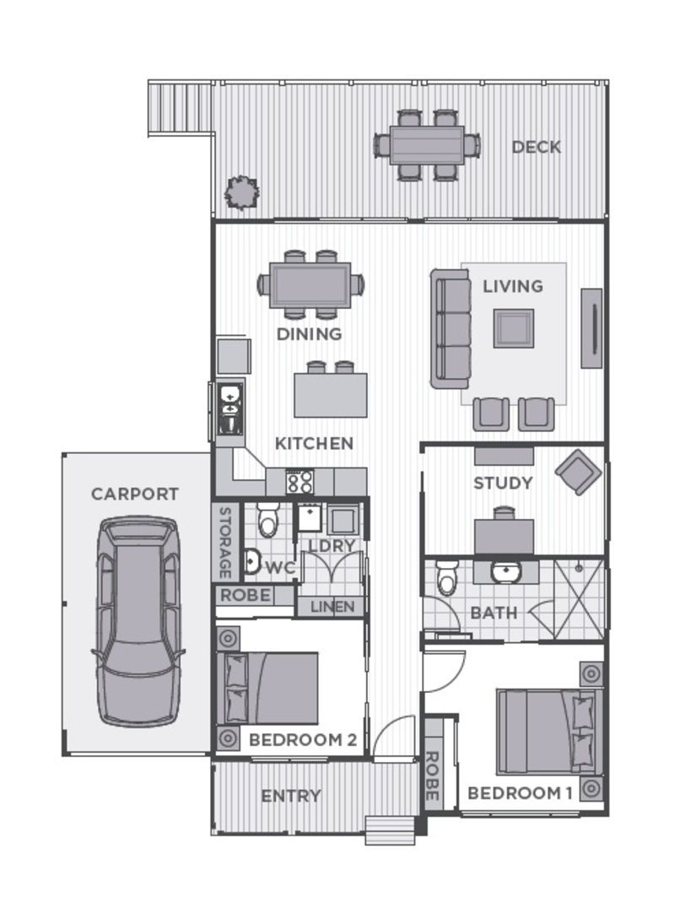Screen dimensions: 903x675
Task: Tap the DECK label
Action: (536, 147)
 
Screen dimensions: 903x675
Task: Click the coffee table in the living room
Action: (513, 327)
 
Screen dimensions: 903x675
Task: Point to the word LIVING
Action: (512, 286)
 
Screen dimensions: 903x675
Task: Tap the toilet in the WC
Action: (268, 521)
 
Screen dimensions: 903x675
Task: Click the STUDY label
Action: (502, 484)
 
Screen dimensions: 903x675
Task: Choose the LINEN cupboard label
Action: (332, 607)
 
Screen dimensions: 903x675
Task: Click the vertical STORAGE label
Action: (225, 542)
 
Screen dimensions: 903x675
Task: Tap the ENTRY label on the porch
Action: (290, 796)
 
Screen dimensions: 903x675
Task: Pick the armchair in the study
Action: (578, 470)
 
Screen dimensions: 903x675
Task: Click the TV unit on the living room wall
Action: (592, 327)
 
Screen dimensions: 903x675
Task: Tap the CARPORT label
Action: (135, 494)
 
